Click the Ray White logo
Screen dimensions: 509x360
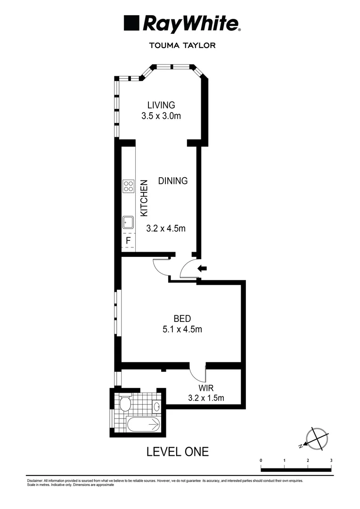pyautogui.click(x=182, y=24)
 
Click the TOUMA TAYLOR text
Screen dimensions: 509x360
pyautogui.click(x=182, y=46)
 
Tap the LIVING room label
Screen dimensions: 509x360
pyautogui.click(x=161, y=105)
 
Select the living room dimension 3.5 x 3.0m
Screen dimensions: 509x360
pyautogui.click(x=161, y=116)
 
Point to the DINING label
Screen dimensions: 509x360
pyautogui.click(x=173, y=181)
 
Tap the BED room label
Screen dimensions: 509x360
pyautogui.click(x=182, y=318)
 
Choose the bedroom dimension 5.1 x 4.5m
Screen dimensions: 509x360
pyautogui.click(x=182, y=329)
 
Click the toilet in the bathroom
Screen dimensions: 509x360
pyautogui.click(x=125, y=404)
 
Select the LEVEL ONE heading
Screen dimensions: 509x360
pyautogui.click(x=177, y=452)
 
